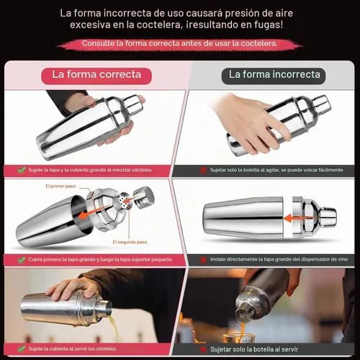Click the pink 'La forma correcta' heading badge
pyautogui.click(x=96, y=76)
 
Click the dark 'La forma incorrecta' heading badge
pyautogui.click(x=274, y=76)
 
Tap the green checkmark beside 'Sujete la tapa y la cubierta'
pyautogui.click(x=22, y=170)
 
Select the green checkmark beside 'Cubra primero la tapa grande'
pyautogui.click(x=22, y=260)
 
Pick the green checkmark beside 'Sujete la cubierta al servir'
pyautogui.click(x=22, y=348)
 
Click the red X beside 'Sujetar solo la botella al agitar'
pyautogui.click(x=203, y=170)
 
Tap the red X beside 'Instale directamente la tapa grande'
pyautogui.click(x=203, y=260)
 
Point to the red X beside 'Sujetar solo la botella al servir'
pyautogui.click(x=203, y=349)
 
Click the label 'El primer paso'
pyautogui.click(x=60, y=186)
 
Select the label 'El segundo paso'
pyautogui.click(x=130, y=242)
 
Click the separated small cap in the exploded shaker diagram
pyautogui.click(x=144, y=197)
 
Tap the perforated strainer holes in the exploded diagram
pyautogui.click(x=125, y=201)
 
